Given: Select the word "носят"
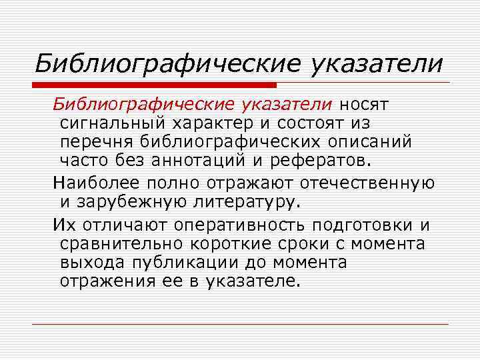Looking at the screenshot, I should coord(365,105).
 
